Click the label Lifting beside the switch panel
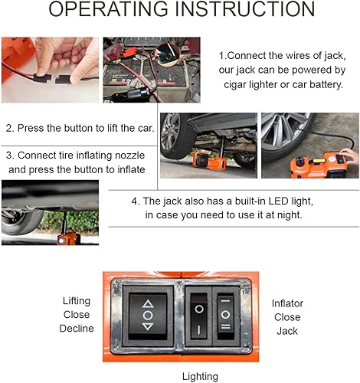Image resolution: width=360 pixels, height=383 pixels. (x=77, y=301)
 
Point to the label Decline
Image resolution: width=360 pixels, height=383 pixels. (x=77, y=329)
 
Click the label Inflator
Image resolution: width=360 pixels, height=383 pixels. (x=288, y=303)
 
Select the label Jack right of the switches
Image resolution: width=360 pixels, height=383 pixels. (x=288, y=330)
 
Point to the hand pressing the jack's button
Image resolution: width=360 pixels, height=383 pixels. (x=349, y=157)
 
